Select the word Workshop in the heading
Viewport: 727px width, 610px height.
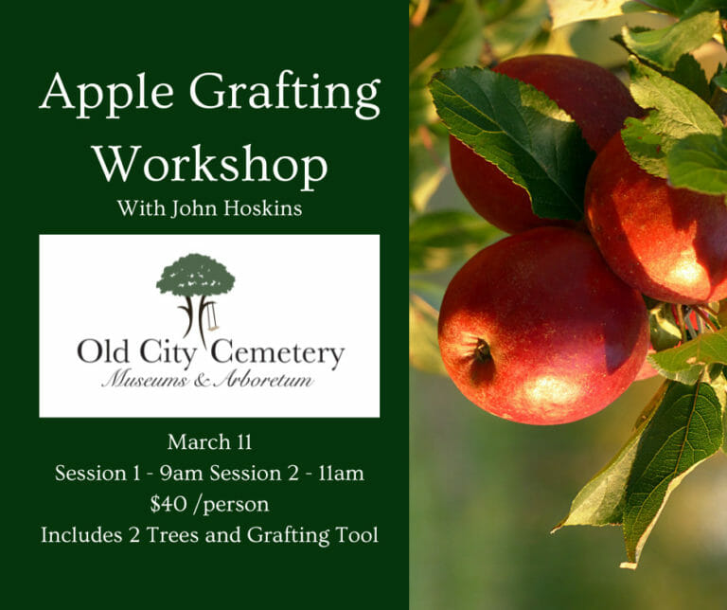click(209, 165)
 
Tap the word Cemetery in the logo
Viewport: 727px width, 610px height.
click(276, 354)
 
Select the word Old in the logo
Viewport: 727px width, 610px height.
click(101, 354)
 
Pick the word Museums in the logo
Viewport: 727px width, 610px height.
click(139, 379)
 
